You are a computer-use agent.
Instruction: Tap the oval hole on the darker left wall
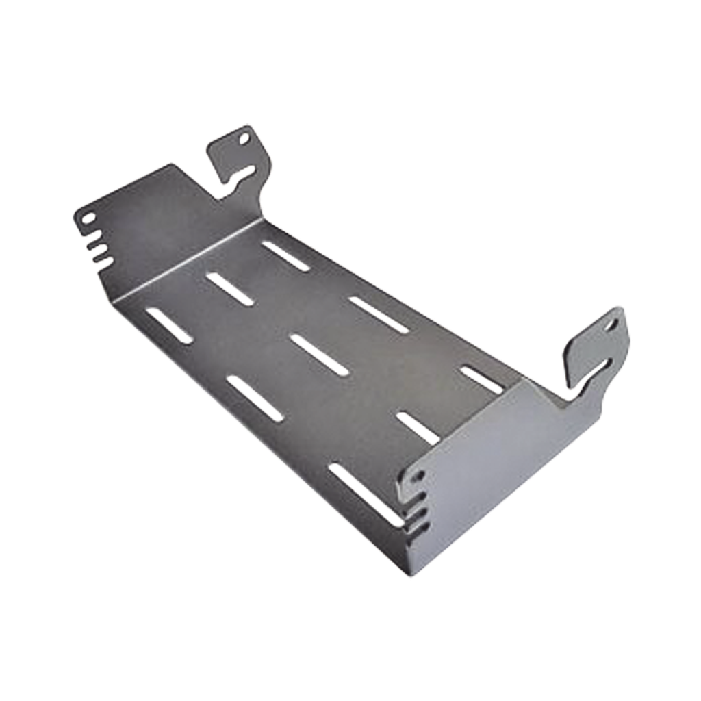[88, 219]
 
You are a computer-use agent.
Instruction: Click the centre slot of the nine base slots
[319, 355]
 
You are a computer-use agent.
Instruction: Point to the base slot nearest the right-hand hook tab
[483, 379]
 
